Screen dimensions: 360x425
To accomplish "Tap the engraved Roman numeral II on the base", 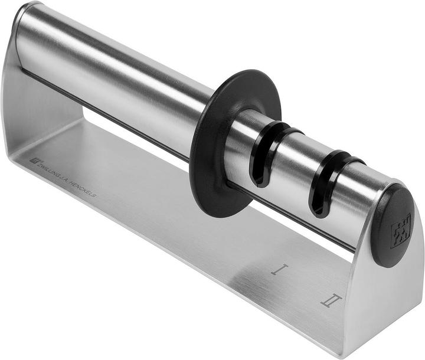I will (331, 300).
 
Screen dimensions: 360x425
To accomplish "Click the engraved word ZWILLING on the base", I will (51, 172).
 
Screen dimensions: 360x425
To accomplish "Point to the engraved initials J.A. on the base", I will (66, 181).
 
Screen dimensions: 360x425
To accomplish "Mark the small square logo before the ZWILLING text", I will (33, 161).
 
